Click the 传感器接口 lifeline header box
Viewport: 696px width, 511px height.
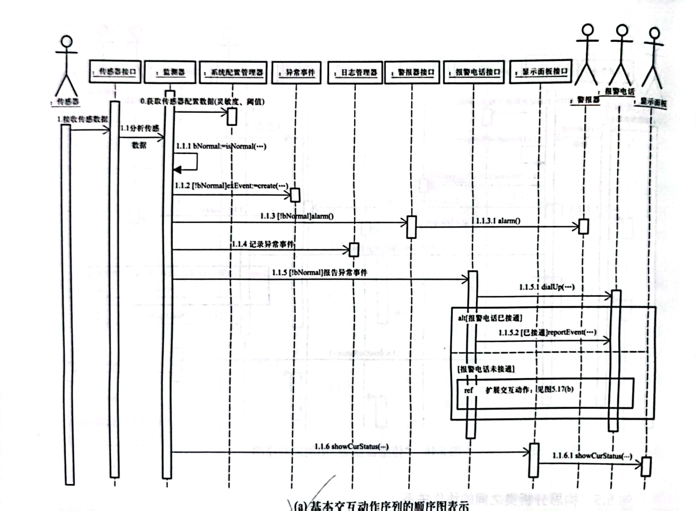tap(115, 72)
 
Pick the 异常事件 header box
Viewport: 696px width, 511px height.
tap(296, 73)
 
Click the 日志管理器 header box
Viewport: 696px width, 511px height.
tap(355, 73)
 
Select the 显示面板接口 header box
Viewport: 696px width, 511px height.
tap(540, 71)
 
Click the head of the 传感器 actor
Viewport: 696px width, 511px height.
tap(67, 41)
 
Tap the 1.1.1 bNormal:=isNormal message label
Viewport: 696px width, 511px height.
tap(221, 146)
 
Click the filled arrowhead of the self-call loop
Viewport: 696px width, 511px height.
tap(177, 169)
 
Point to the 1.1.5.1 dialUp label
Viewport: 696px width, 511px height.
tap(547, 287)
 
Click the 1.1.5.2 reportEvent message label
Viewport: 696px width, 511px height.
tap(547, 333)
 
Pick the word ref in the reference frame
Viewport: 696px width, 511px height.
tap(468, 390)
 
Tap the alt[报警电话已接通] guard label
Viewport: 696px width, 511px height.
tap(490, 318)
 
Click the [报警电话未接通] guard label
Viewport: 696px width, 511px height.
tap(486, 369)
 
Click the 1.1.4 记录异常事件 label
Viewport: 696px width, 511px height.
tap(263, 244)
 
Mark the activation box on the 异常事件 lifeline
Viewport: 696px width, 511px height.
tap(295, 195)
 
